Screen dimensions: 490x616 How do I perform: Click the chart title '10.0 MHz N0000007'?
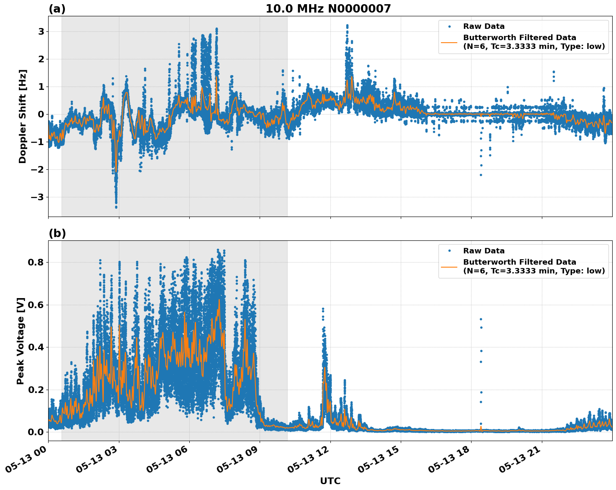[328, 9]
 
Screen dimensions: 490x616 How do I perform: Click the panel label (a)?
[57, 9]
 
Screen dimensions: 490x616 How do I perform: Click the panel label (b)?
[57, 233]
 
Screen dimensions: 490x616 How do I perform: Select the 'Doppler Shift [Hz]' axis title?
[23, 116]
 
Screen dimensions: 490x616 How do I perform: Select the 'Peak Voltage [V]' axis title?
[21, 341]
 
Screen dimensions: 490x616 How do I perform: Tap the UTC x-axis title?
[330, 481]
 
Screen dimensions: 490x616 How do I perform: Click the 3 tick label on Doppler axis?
[41, 32]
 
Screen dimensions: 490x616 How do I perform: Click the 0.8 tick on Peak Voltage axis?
[36, 263]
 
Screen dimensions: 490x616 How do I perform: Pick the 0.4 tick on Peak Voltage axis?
[36, 347]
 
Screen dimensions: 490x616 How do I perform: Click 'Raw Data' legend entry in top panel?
[483, 27]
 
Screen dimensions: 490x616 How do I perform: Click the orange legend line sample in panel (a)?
[449, 42]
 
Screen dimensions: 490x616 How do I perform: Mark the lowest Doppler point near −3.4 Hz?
[116, 207]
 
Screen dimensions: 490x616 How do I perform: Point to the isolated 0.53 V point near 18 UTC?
[481, 319]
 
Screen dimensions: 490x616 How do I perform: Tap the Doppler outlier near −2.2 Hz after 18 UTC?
[481, 175]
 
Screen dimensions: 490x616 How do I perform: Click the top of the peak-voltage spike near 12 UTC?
[323, 309]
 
